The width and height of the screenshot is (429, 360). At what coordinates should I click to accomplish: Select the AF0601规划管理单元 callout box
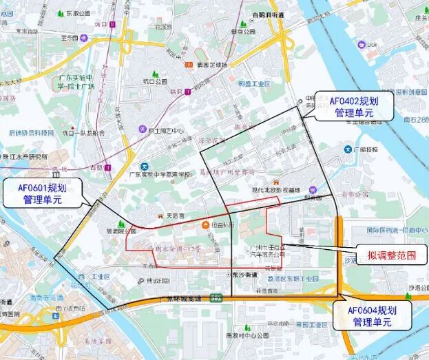point(42,193)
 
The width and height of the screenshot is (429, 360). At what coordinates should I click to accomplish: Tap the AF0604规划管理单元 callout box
point(371,315)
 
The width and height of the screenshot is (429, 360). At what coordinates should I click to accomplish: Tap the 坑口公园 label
point(155,81)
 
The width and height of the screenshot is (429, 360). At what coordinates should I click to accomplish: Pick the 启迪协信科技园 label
point(31,132)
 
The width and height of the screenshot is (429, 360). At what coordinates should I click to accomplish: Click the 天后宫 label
point(176,215)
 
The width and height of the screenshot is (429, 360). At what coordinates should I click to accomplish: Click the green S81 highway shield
point(217,298)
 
